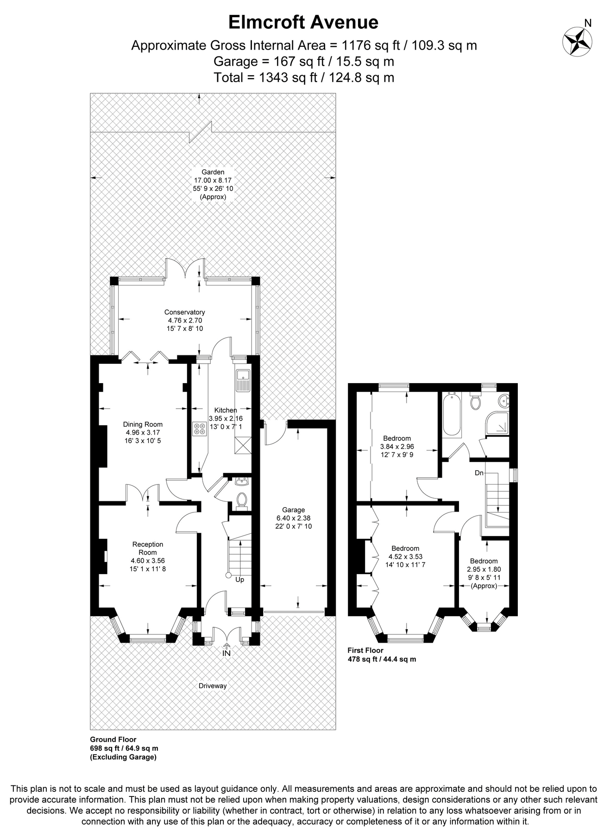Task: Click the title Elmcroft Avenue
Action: [x=303, y=22]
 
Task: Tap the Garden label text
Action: [x=213, y=172]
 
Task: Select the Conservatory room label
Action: [x=184, y=312]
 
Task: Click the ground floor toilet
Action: [x=241, y=500]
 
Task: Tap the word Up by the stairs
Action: [x=239, y=580]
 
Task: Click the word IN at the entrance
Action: [x=226, y=653]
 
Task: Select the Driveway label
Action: [x=213, y=686]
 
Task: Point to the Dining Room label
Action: [x=143, y=424]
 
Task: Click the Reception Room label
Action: [x=147, y=548]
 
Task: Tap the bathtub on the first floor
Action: [x=452, y=415]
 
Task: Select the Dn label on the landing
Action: [x=479, y=473]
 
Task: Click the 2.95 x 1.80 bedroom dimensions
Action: [x=484, y=569]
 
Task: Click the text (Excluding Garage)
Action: [x=123, y=757]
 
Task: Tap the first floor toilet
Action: [x=475, y=401]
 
